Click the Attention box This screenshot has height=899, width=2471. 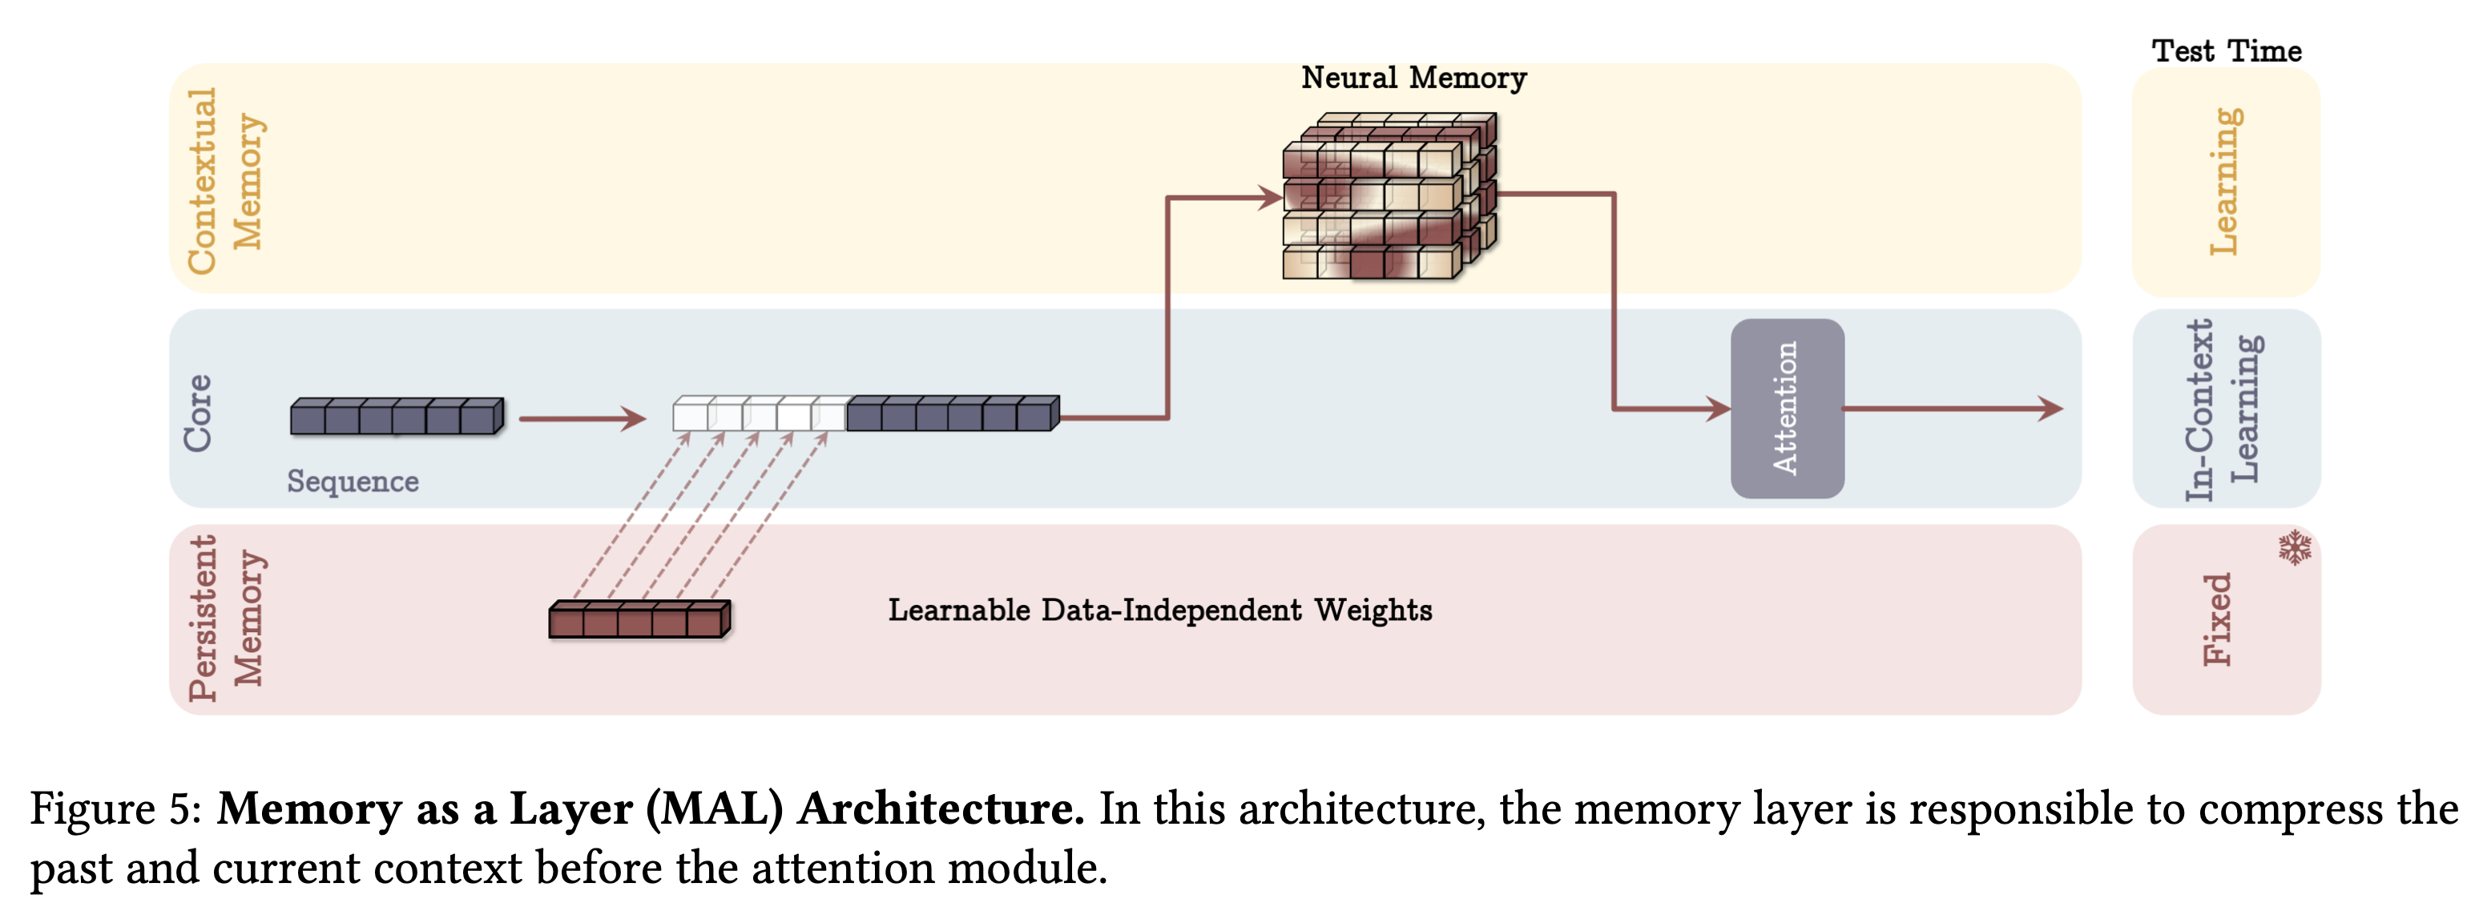coord(1786,409)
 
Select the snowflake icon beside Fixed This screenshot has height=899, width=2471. coord(2295,547)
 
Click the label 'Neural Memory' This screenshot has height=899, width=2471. coord(1413,78)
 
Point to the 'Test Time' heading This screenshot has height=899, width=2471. coord(2226,50)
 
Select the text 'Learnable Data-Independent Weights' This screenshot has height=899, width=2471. coord(1159,611)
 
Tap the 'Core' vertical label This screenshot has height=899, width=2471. coord(198,413)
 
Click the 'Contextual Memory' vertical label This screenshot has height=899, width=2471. coord(224,181)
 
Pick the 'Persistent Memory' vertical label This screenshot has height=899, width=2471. coord(224,619)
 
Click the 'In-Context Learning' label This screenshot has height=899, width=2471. coord(2223,409)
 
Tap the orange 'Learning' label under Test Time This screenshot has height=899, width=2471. coord(2224,181)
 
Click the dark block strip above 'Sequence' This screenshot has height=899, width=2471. coord(396,417)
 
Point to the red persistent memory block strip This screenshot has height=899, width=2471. coord(639,619)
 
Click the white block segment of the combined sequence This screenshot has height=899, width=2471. coord(758,414)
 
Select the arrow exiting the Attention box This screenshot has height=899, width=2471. coord(1952,409)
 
